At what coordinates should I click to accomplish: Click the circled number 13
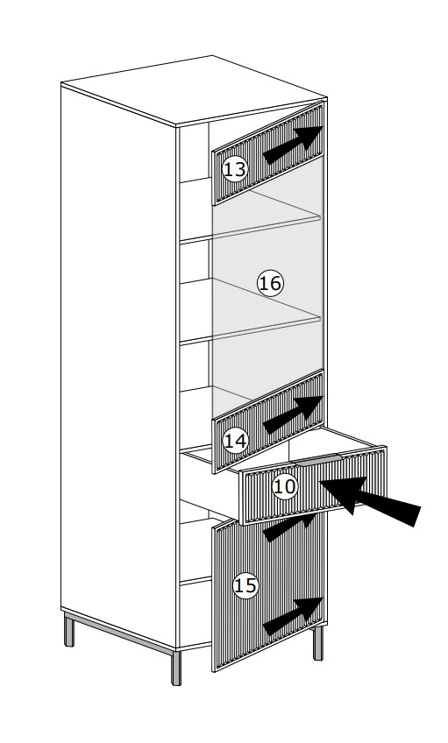[235, 169]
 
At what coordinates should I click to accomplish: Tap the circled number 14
[235, 442]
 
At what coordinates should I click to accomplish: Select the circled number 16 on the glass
[270, 283]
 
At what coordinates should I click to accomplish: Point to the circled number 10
[285, 486]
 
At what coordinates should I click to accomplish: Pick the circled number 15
[245, 586]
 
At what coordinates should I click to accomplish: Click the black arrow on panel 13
[293, 145]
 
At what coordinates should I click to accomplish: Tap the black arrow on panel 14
[293, 414]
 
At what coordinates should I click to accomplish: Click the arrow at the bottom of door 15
[293, 616]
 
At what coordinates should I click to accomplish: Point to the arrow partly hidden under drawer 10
[288, 527]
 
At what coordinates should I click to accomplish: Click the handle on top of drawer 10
[316, 458]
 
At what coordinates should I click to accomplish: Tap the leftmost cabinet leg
[69, 630]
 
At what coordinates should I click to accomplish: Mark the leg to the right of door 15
[318, 643]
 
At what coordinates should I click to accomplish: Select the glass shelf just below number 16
[265, 313]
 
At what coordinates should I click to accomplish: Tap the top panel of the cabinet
[194, 90]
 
